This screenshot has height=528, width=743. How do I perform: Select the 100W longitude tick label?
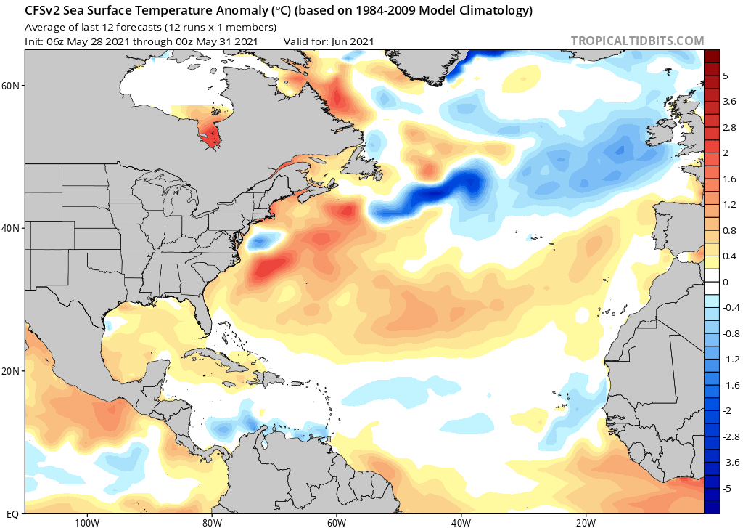tap(86, 521)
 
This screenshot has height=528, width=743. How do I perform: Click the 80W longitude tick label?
tap(211, 521)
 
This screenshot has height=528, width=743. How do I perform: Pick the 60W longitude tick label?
tap(336, 521)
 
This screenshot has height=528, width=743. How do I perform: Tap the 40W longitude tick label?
tap(461, 521)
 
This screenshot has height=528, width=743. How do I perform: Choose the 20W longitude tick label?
tap(586, 521)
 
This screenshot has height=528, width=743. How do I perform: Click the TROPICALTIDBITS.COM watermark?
tap(637, 41)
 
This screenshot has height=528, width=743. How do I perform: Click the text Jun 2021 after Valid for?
tap(352, 41)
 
